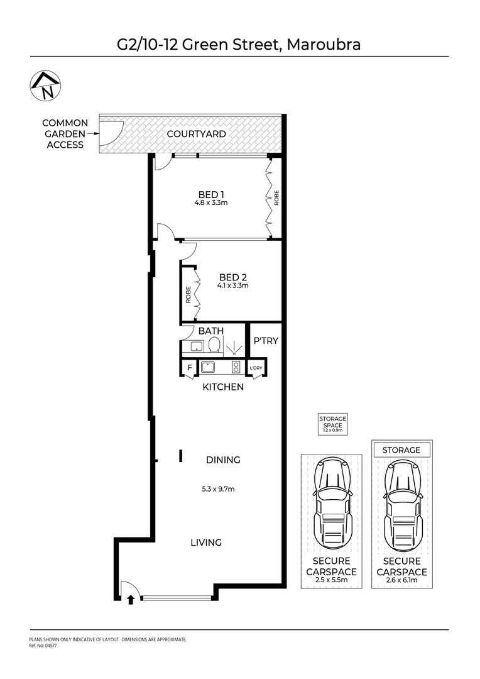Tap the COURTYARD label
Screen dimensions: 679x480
click(195, 134)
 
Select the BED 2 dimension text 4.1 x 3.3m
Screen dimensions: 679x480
click(234, 285)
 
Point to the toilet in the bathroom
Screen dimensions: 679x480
click(214, 345)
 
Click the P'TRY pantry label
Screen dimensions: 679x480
click(266, 341)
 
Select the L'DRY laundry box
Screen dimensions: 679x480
click(256, 368)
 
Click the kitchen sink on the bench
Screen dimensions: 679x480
click(208, 367)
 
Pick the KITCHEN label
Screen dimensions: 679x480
click(222, 387)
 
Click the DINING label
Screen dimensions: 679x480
click(223, 460)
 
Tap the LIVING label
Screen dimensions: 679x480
click(207, 542)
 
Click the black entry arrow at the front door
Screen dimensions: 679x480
click(131, 599)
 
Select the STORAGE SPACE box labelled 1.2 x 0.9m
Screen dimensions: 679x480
click(332, 424)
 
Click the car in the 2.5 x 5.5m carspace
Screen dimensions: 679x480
click(331, 503)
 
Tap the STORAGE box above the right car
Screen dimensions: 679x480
click(401, 450)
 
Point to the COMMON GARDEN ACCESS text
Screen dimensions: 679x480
click(65, 134)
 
